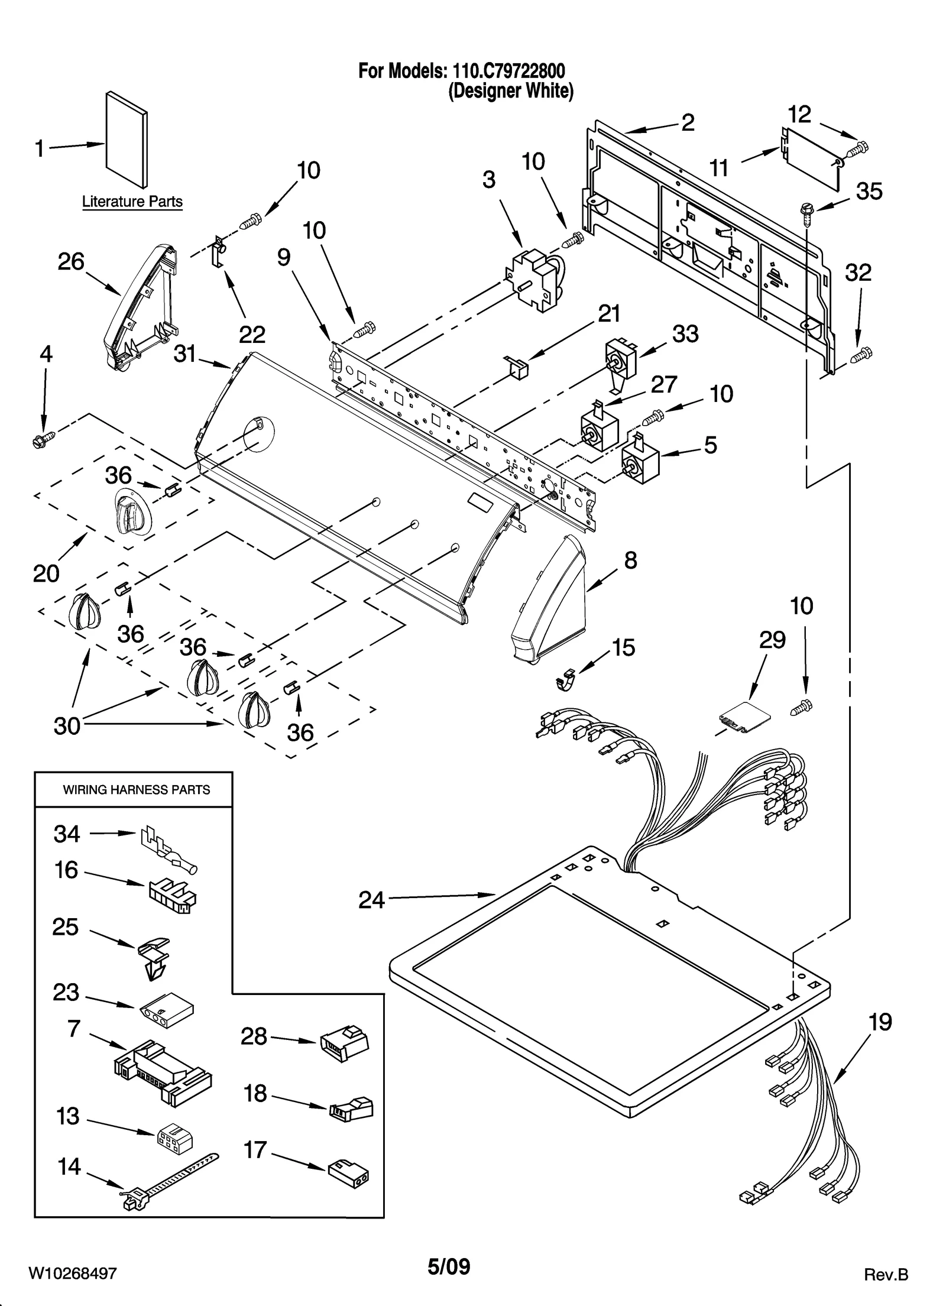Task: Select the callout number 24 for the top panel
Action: [371, 900]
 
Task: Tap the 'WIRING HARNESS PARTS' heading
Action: [136, 790]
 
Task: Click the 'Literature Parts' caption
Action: [132, 202]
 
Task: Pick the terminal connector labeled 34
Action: [169, 851]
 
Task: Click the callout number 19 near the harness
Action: [880, 1022]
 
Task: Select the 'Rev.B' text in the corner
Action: [885, 1274]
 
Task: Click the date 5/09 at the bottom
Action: [449, 1266]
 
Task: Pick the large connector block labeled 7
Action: [164, 1072]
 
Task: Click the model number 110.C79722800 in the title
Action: [508, 71]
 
